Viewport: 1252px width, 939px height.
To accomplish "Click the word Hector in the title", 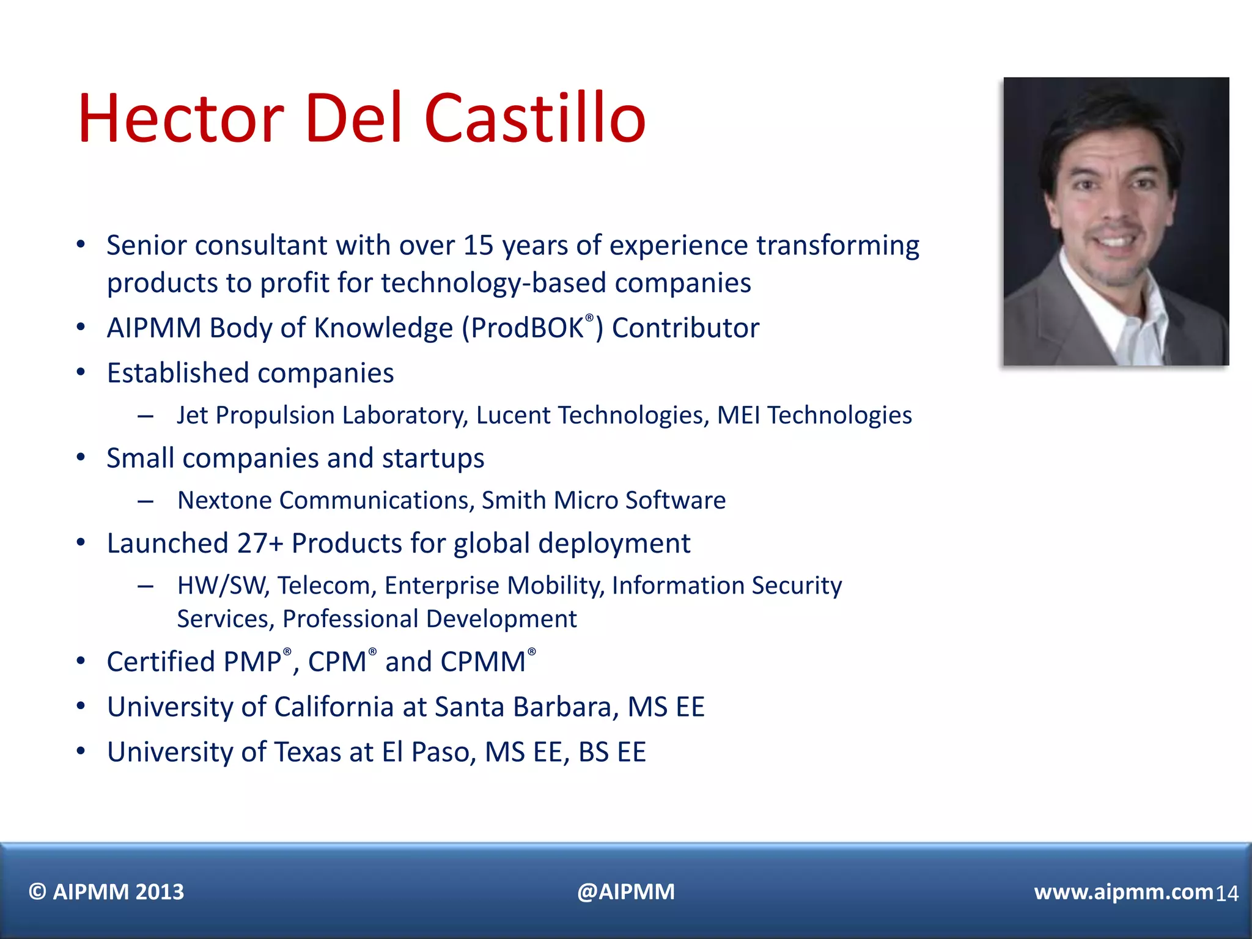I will [181, 118].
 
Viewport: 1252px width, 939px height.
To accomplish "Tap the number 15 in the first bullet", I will [478, 246].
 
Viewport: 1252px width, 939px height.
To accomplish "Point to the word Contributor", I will [685, 328].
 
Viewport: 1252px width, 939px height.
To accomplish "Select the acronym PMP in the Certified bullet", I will [252, 662].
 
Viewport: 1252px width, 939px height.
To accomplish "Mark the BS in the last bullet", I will [593, 753].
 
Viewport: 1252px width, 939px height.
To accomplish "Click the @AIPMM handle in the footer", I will [626, 892].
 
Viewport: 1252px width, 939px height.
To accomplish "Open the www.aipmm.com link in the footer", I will [1123, 892].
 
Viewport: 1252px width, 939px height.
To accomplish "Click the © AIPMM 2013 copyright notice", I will [106, 892].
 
